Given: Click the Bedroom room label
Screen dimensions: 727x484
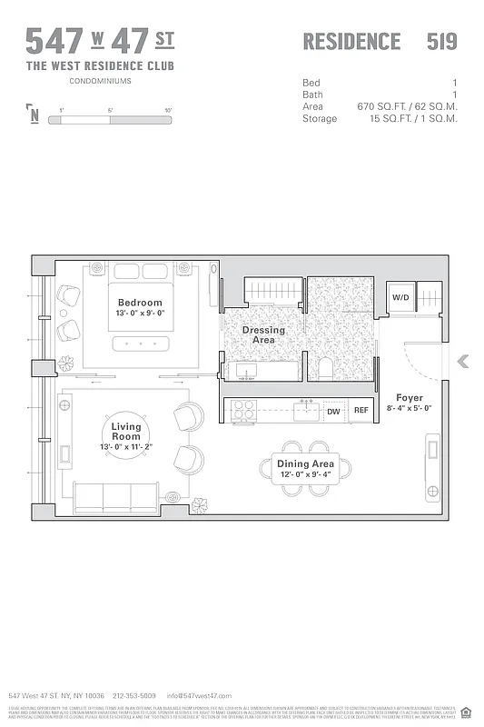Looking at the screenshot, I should (139, 303).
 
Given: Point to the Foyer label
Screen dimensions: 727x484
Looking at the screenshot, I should (410, 398).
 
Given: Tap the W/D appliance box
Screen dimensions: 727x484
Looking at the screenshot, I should (400, 297).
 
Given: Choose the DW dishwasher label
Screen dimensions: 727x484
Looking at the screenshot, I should (333, 412).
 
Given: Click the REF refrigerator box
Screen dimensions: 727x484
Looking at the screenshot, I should (361, 412).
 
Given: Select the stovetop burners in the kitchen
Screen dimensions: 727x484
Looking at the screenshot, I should (242, 412).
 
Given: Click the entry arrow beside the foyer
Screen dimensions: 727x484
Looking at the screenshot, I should (462, 362).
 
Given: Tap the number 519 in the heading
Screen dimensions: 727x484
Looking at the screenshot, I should (441, 41).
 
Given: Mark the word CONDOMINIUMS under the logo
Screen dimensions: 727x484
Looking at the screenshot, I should (100, 81).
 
